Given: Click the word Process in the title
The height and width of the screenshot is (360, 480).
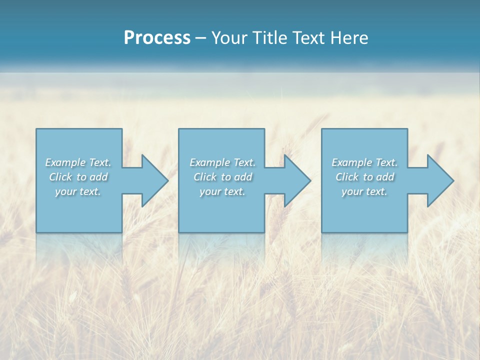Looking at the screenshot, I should [157, 38].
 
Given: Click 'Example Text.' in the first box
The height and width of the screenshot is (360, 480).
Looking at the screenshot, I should [78, 162].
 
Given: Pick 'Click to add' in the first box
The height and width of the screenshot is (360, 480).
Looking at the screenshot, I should [78, 177].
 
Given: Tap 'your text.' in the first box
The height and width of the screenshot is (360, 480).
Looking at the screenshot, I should [78, 191].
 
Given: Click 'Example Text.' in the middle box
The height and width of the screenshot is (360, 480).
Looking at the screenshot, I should [222, 162].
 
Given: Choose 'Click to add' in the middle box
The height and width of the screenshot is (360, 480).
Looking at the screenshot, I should [222, 177].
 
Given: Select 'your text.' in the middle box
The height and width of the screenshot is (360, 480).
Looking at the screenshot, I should [222, 191].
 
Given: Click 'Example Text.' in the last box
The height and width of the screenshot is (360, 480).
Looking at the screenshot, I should [364, 162].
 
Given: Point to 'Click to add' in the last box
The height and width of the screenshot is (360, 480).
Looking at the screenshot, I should [364, 177].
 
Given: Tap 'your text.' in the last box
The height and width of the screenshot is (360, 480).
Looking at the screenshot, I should [364, 191].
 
